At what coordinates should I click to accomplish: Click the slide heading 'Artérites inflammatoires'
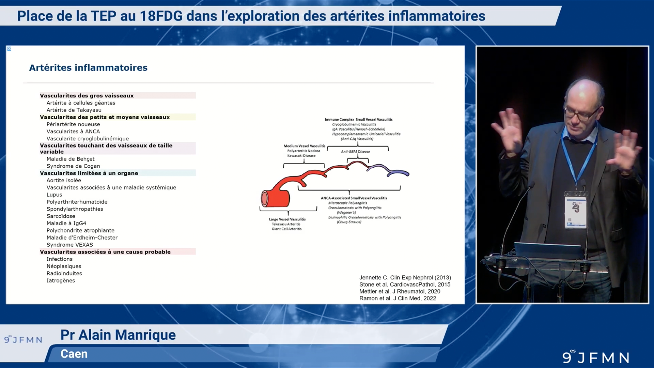88,67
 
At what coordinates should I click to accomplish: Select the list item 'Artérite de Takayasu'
74,110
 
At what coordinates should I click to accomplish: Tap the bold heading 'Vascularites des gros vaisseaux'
87,96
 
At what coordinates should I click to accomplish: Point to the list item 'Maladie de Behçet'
71,159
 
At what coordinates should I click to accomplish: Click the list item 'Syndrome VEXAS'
69,245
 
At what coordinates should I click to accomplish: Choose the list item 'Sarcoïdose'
61,216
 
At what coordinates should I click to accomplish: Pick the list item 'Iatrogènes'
61,280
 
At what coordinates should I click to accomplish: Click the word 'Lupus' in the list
54,195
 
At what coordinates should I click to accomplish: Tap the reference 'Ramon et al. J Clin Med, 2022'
398,298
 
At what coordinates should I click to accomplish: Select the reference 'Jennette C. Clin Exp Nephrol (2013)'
405,278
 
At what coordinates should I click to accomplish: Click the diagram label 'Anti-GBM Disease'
355,152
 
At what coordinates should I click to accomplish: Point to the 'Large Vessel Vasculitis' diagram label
287,219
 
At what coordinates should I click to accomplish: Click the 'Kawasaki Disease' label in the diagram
301,156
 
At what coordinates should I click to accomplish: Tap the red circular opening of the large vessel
265,199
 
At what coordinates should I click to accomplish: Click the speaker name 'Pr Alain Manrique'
118,335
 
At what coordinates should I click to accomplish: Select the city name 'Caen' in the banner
74,354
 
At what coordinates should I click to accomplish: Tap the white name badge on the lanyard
576,211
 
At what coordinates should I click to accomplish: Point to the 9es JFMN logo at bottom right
596,357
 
